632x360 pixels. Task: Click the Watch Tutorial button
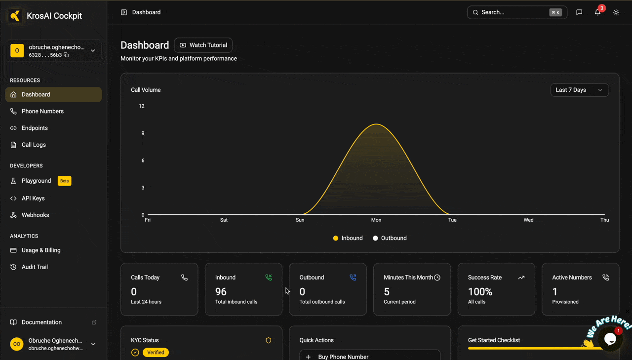click(203, 45)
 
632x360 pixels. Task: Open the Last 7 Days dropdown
click(579, 90)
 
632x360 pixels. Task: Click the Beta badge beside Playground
click(64, 181)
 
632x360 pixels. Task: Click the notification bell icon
click(597, 12)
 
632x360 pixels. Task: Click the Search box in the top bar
click(517, 12)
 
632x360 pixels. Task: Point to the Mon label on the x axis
click(376, 220)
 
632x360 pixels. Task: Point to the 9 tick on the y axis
click(143, 133)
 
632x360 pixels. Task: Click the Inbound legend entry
click(348, 238)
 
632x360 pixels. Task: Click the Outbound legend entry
click(390, 238)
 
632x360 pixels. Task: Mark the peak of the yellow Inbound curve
click(376, 124)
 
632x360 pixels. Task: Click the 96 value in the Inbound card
click(221, 291)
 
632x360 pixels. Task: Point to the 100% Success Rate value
click(480, 291)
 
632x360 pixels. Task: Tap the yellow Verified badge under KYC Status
click(156, 353)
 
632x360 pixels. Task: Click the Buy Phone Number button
click(370, 356)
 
